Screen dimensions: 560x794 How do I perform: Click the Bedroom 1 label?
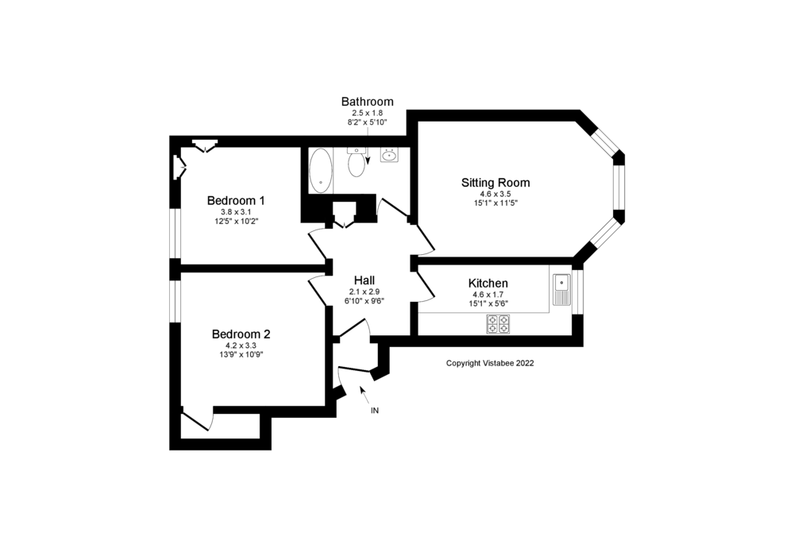point(236,200)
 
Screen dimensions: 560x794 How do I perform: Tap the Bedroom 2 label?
point(241,334)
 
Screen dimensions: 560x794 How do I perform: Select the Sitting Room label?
point(495,183)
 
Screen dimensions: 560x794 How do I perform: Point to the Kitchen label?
point(488,284)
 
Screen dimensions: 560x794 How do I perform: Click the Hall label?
point(364,280)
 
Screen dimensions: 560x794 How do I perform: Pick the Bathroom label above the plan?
point(367,102)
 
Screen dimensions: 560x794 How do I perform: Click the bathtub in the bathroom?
point(321,170)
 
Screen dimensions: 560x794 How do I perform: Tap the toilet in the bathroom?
point(357,162)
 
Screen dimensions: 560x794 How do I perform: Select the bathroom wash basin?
point(389,155)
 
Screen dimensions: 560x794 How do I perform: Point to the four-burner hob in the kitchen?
point(498,323)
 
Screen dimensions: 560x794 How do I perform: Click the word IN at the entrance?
point(375,411)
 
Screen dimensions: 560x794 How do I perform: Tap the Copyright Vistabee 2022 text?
point(490,363)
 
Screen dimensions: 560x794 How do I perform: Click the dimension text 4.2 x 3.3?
point(241,346)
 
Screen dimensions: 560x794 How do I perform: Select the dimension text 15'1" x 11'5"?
point(495,203)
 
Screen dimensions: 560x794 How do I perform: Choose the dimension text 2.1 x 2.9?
point(364,292)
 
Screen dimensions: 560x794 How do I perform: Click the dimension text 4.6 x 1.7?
point(488,295)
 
